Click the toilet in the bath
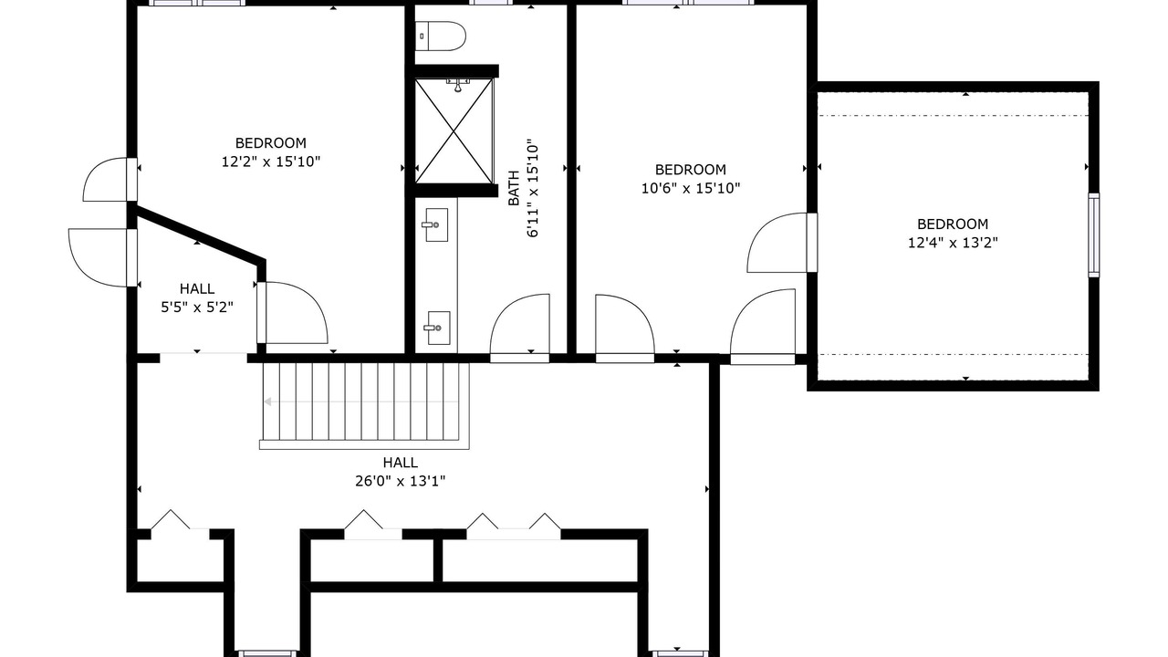click(x=440, y=36)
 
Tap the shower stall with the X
click(x=454, y=130)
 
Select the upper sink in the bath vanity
click(x=436, y=224)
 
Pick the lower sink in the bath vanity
click(x=438, y=328)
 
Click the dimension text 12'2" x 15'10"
click(x=271, y=162)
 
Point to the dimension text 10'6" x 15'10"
click(x=691, y=188)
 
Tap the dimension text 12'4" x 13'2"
click(x=953, y=243)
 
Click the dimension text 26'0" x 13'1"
click(x=400, y=481)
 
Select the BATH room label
click(x=514, y=188)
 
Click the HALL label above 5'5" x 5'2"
click(x=197, y=289)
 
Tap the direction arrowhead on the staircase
click(x=268, y=401)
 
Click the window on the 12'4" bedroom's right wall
click(x=1093, y=235)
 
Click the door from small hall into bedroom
click(x=292, y=313)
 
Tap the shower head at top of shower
click(x=458, y=86)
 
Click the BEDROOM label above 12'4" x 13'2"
click(x=953, y=224)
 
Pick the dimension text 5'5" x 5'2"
click(x=197, y=308)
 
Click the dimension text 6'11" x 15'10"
click(x=532, y=188)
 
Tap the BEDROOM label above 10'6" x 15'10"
click(x=691, y=170)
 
